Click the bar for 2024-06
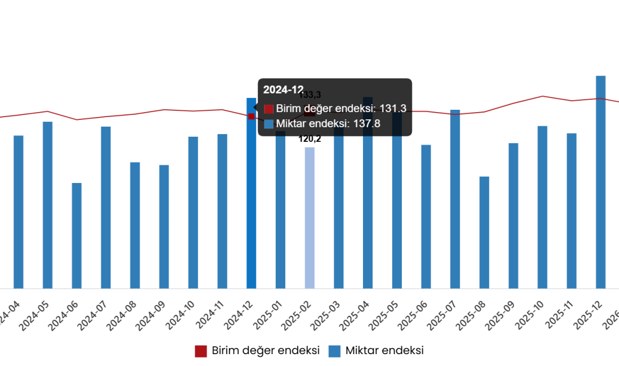(77, 235)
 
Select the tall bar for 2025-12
(600, 182)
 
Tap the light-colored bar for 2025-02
(309, 217)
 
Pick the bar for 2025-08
(484, 232)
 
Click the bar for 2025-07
(455, 199)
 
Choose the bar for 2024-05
(47, 205)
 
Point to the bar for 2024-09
(164, 226)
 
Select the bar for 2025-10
(542, 207)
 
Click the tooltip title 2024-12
(283, 90)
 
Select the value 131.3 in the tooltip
(392, 109)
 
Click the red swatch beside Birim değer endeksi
(268, 109)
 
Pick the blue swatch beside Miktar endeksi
(268, 124)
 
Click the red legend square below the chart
(201, 351)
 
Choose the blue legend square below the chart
(334, 351)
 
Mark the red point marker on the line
(251, 116)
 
